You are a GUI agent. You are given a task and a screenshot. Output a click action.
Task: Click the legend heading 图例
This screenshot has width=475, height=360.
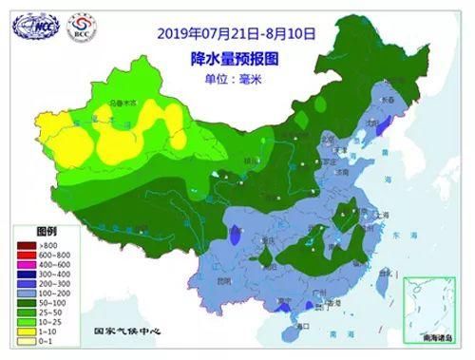47,231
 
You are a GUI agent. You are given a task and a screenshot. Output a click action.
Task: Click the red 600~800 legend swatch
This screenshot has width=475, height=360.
26,254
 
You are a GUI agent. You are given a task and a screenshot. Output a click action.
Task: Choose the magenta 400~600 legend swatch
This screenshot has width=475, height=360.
26,264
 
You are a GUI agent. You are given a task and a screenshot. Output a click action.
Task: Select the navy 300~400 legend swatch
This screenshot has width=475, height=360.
26,275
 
